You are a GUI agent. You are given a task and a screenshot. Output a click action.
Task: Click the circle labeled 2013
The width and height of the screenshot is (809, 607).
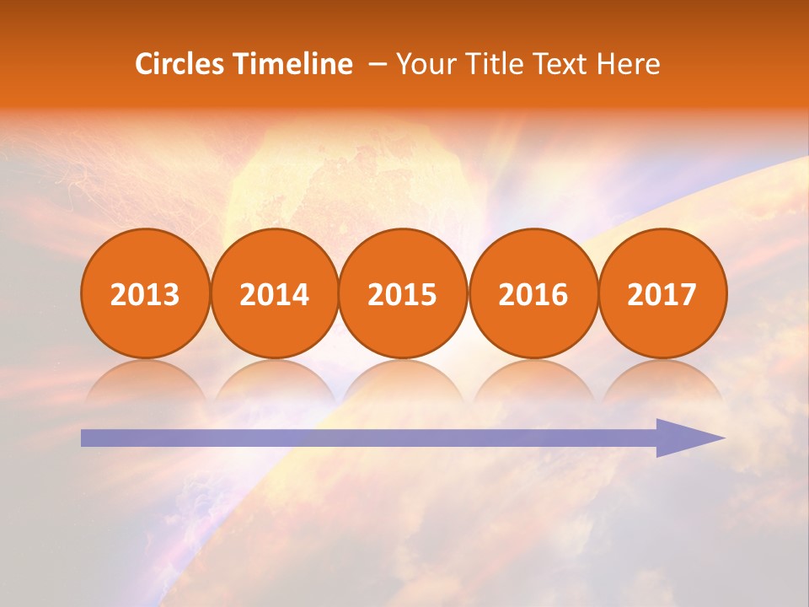pos(145,293)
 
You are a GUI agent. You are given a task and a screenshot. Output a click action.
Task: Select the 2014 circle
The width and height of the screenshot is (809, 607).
pos(274,293)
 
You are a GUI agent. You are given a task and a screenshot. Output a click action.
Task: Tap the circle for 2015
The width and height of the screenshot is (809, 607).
pos(403,293)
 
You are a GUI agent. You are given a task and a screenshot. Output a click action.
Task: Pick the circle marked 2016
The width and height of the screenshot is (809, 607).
pos(533,293)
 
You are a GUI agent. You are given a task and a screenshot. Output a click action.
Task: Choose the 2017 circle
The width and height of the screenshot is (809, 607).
pos(662,293)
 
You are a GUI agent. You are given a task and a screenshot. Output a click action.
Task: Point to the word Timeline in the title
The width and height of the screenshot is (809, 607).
pos(294,64)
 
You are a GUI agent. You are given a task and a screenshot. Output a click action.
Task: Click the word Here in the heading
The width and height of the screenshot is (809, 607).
pos(629,64)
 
